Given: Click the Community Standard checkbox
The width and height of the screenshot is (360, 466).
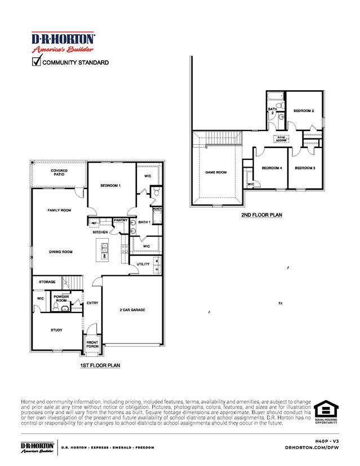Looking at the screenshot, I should pyautogui.click(x=36, y=62).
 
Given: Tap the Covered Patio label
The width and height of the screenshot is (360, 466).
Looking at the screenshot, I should pyautogui.click(x=59, y=172).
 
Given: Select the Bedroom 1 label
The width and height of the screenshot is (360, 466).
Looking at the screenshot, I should pyautogui.click(x=110, y=185).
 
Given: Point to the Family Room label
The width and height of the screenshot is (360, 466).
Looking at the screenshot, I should pyautogui.click(x=59, y=210).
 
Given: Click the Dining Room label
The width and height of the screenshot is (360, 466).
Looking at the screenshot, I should pyautogui.click(x=60, y=252).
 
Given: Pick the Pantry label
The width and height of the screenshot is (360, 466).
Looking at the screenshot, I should pyautogui.click(x=121, y=220).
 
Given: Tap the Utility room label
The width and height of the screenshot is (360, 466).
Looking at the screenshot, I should pyautogui.click(x=143, y=263).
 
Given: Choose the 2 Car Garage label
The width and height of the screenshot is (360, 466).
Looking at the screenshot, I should pyautogui.click(x=132, y=310).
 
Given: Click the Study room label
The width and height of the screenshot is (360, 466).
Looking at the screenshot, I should pyautogui.click(x=56, y=330).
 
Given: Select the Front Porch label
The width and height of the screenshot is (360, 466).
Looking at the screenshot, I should pyautogui.click(x=92, y=344).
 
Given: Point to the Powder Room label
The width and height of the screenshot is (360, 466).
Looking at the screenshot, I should pyautogui.click(x=61, y=299).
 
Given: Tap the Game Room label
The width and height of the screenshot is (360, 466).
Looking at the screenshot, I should pyautogui.click(x=216, y=172).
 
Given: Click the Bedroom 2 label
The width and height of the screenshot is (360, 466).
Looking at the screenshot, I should pyautogui.click(x=304, y=111).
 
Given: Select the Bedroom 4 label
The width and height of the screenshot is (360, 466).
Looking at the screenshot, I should pyautogui.click(x=272, y=168).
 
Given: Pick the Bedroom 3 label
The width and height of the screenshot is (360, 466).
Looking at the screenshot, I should pyautogui.click(x=305, y=168).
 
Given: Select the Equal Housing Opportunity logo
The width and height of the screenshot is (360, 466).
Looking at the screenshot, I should pyautogui.click(x=326, y=413).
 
